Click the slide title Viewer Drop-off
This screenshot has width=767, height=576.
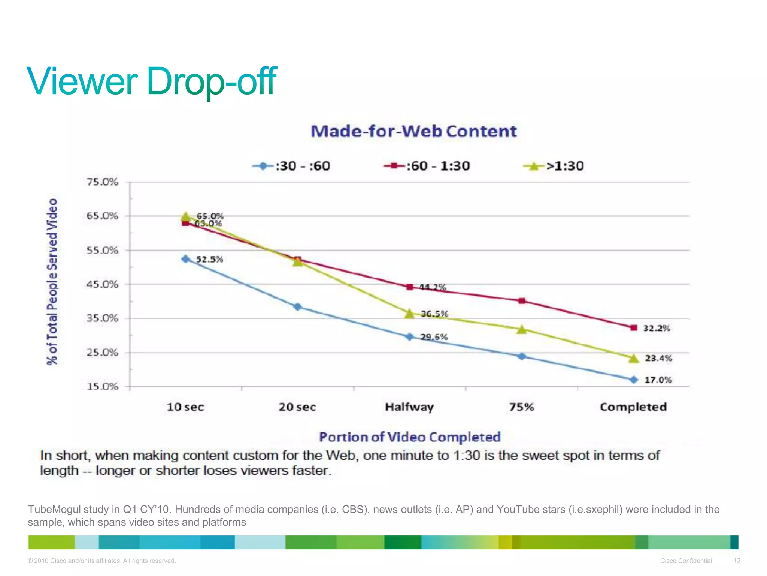pos(152,81)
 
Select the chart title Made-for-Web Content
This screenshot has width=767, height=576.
pos(413,132)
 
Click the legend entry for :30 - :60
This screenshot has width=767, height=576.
pos(291,166)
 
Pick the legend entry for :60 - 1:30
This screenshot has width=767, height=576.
pos(427,166)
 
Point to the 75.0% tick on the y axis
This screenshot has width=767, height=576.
pos(102,182)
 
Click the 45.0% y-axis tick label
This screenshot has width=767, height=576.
pos(102,284)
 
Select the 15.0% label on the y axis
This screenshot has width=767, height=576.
pos(102,386)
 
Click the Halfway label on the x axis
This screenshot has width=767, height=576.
pos(409,407)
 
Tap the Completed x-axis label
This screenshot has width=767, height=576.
pos(633,407)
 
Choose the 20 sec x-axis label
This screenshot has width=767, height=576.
pos(297,407)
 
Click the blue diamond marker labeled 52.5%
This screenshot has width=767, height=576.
pos(185,259)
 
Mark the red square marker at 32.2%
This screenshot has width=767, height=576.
pos(634,328)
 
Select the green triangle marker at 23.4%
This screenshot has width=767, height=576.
pos(634,358)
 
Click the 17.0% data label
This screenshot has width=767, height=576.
pos(658,380)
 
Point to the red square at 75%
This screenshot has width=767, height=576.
pos(522,301)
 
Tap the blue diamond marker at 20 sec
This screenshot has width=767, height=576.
pos(297,307)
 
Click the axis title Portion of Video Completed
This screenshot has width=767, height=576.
pos(410,437)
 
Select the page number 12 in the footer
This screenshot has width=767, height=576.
pos(737,561)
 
